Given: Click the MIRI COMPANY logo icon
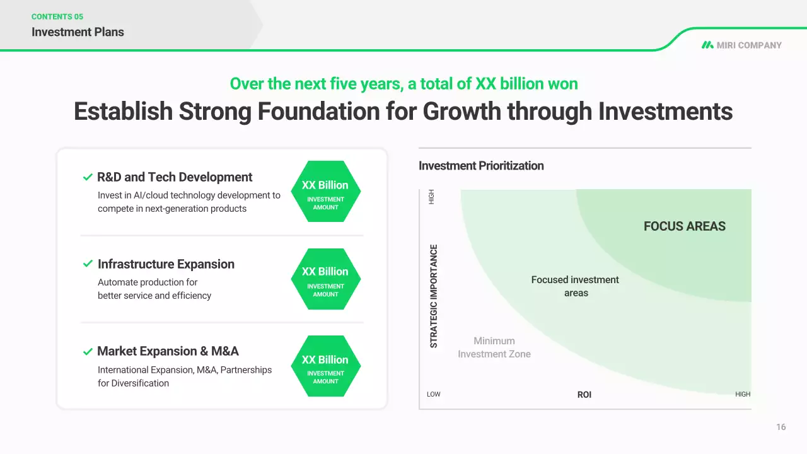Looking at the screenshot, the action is click(x=707, y=45).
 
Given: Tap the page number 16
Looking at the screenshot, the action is click(x=781, y=427).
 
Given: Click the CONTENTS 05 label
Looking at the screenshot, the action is click(x=57, y=16).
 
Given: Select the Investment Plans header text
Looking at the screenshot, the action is click(x=78, y=32).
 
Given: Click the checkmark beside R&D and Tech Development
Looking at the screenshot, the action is click(x=88, y=177).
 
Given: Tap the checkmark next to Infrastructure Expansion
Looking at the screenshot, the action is click(x=88, y=264).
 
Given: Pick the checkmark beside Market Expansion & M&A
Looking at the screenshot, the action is click(x=88, y=351).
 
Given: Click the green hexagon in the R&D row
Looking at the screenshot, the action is click(x=326, y=191).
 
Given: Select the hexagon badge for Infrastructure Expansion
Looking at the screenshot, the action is click(x=326, y=279).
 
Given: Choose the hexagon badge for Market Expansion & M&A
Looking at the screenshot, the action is click(x=326, y=366).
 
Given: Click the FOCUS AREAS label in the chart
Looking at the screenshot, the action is click(x=685, y=226).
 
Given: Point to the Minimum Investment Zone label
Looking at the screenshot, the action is click(x=494, y=347).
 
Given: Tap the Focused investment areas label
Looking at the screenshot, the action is click(x=576, y=286).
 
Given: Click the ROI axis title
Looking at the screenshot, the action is click(x=584, y=395).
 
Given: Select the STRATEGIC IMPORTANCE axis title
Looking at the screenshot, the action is click(x=434, y=296).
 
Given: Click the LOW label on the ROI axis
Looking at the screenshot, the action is click(x=433, y=394).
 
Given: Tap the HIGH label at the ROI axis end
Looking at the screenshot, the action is click(x=743, y=394).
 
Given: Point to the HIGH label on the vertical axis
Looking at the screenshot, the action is click(x=431, y=197).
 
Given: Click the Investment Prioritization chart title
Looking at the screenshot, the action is click(x=481, y=166).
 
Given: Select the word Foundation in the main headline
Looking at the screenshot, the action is click(x=318, y=111).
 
